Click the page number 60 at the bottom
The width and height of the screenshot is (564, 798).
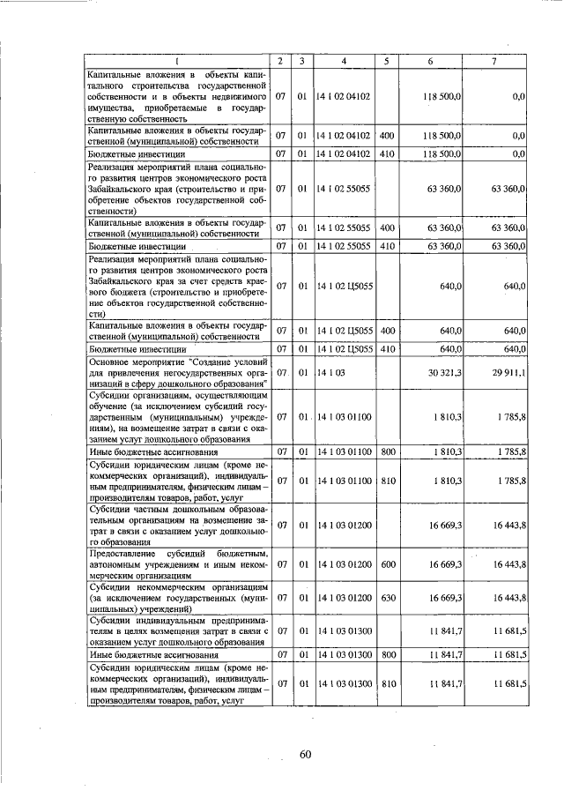coord(305,754)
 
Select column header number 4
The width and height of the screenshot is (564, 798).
coord(344,61)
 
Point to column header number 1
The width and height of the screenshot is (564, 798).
coord(175,61)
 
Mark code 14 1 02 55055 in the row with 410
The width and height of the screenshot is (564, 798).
coord(344,247)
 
